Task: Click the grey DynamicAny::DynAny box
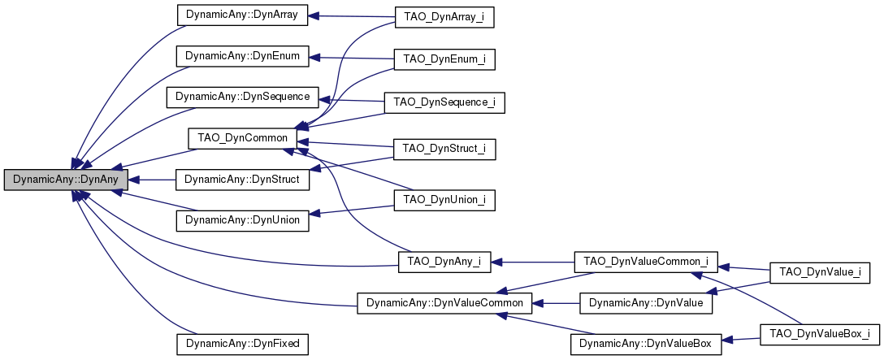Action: [66, 180]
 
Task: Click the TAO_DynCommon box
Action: [242, 138]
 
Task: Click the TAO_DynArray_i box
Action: [444, 17]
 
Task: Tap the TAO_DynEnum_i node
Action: [444, 59]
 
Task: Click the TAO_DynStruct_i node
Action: [444, 149]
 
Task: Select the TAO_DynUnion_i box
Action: [444, 199]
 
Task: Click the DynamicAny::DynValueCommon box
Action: [444, 303]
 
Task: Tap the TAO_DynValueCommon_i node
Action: [646, 262]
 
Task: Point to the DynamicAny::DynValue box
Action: [646, 303]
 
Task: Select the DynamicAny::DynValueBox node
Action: [646, 344]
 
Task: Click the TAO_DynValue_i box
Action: [825, 271]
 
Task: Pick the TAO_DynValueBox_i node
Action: [819, 333]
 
